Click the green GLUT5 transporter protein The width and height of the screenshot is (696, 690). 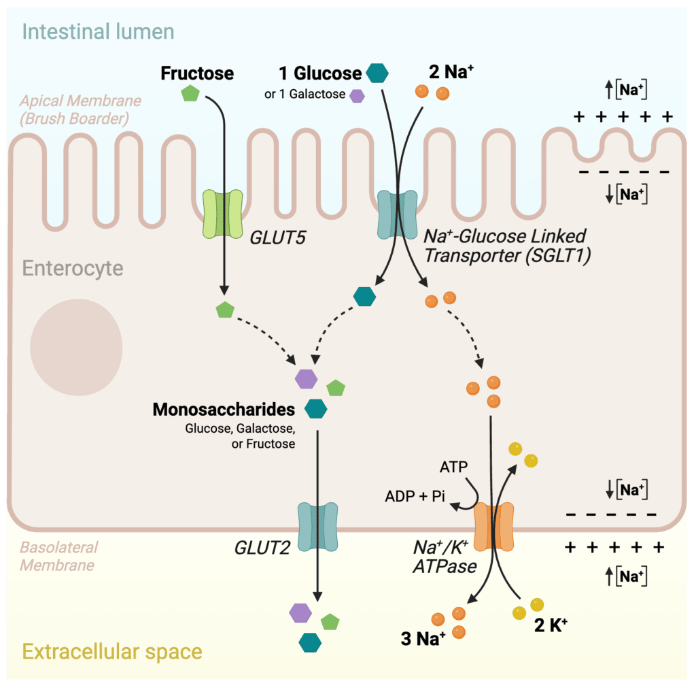pos(222,214)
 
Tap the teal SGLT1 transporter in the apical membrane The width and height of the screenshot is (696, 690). pos(397,215)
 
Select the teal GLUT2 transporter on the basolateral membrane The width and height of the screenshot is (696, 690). pos(317,527)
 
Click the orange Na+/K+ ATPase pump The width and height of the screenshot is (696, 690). pos(493,527)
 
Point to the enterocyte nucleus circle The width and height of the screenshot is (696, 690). pos(76,348)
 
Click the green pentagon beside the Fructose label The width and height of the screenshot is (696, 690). pos(190,93)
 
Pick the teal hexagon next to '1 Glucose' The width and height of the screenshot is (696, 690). pos(377,73)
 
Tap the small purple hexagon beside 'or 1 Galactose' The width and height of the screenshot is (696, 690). pos(358,96)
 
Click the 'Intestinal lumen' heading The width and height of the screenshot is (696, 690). pos(98,32)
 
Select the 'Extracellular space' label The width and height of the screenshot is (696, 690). pos(112,652)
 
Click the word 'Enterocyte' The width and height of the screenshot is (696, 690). pos(73,268)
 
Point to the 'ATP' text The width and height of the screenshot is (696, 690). pos(453,467)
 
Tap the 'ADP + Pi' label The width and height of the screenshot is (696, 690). pos(415,496)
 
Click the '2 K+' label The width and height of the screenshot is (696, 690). pos(551,625)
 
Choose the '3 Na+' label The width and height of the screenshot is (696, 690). pos(423,638)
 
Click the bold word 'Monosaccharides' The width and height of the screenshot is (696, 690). pos(224,409)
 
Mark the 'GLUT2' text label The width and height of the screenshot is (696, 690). pos(262,548)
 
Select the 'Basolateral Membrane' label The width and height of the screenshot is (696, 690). pos(59,556)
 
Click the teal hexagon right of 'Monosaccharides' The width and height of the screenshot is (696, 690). pos(315,409)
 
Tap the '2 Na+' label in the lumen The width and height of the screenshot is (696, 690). pos(451,71)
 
